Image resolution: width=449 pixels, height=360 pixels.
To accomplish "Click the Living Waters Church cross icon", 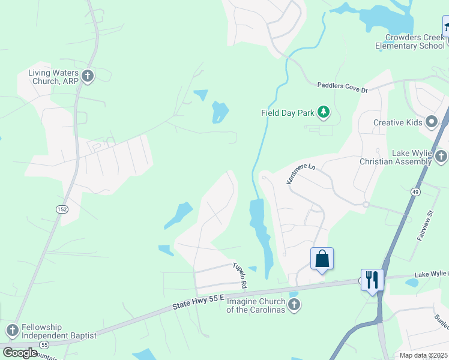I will coord(88,76).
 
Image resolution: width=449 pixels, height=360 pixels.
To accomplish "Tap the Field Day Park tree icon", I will coord(324,112).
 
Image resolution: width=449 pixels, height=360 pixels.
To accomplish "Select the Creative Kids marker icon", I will coord(431,122).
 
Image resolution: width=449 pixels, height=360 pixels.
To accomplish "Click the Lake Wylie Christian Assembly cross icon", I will coord(441,157).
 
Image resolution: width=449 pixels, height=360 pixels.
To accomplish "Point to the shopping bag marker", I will coord(322,259).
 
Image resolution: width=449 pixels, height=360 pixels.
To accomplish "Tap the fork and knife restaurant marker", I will coord(372,279).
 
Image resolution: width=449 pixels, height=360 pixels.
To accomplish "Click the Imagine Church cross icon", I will coord(294,305).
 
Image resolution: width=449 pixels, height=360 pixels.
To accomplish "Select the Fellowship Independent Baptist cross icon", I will coord(12,331).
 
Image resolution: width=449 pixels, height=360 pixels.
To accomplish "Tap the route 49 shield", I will coord(415,191).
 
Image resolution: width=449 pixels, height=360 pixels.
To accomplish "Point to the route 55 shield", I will coord(44,346).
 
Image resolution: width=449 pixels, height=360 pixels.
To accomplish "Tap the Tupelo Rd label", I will coord(240,274).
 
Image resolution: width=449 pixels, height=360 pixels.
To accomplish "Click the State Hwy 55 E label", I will coord(197,301).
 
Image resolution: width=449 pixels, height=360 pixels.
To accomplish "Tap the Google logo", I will coord(19,352).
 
